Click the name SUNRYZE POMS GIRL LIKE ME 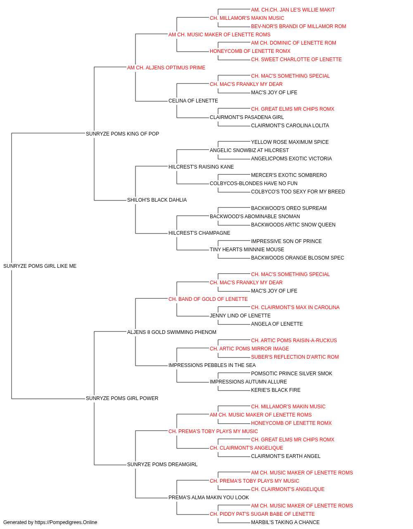(x=40, y=266)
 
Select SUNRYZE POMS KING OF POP (x=122, y=133)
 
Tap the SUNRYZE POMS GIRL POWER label (x=122, y=398)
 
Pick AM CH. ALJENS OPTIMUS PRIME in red (x=166, y=68)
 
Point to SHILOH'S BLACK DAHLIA (x=157, y=200)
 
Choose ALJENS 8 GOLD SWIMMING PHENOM (x=171, y=332)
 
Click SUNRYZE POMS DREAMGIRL (x=162, y=465)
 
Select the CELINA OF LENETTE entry (x=193, y=101)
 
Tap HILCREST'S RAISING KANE (x=201, y=167)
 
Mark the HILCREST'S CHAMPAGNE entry (x=199, y=233)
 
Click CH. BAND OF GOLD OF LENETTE (x=208, y=299)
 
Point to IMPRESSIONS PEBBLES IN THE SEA (x=212, y=365)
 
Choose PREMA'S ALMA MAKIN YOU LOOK (x=209, y=497)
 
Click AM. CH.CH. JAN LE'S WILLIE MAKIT (x=293, y=10)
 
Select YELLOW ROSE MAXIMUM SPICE (x=290, y=142)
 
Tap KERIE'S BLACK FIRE (x=275, y=390)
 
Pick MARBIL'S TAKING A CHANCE (x=285, y=522)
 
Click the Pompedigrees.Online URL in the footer (x=66, y=522)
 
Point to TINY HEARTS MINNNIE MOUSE (x=247, y=250)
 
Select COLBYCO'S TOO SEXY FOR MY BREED (x=298, y=192)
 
